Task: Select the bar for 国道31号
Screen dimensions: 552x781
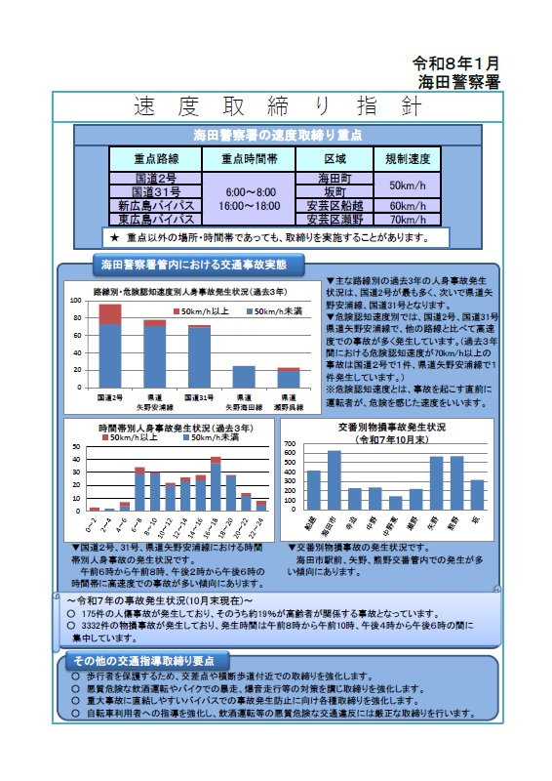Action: point(199,357)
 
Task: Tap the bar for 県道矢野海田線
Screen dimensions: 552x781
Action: point(243,377)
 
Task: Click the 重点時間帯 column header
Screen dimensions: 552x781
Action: point(249,159)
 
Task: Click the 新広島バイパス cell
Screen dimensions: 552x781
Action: point(155,206)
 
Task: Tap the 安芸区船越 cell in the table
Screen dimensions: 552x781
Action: point(335,206)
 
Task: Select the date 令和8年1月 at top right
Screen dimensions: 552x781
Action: point(457,62)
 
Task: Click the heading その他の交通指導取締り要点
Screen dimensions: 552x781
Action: point(147,661)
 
